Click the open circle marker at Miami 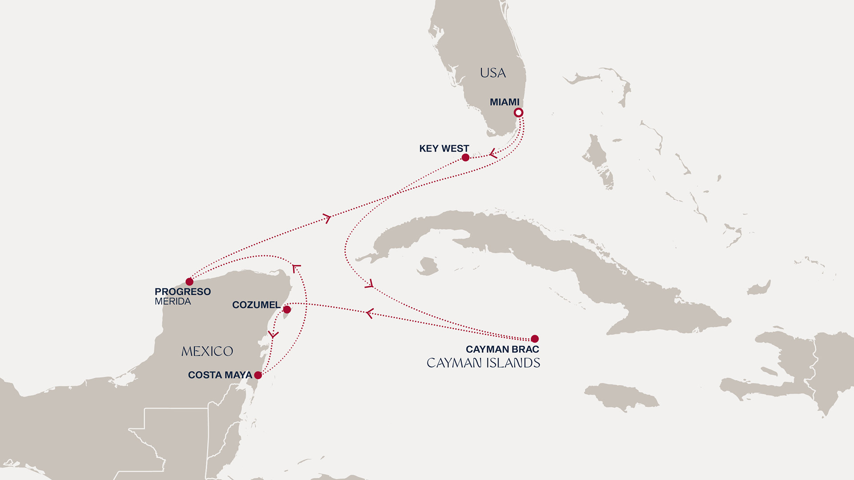click(x=518, y=112)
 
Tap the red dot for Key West click(x=465, y=157)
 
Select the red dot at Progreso click(x=189, y=282)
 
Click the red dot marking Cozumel click(x=287, y=309)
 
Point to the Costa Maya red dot click(x=258, y=375)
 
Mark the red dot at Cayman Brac click(x=535, y=339)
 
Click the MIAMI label click(x=504, y=102)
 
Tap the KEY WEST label click(x=444, y=148)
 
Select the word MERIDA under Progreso click(x=173, y=301)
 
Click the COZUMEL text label click(x=256, y=305)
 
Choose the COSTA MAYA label click(x=220, y=375)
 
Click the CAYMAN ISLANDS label click(x=483, y=363)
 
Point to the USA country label click(x=493, y=73)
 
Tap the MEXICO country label click(x=207, y=352)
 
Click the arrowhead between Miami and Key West click(x=493, y=154)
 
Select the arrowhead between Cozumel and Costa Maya click(x=273, y=334)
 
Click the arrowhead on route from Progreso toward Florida click(x=327, y=218)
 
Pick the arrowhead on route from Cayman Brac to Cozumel click(x=370, y=313)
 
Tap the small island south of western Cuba click(x=428, y=266)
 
